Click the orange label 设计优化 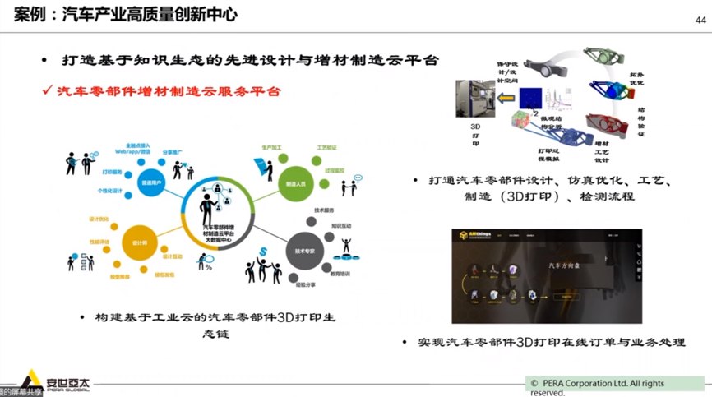point(97,219)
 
